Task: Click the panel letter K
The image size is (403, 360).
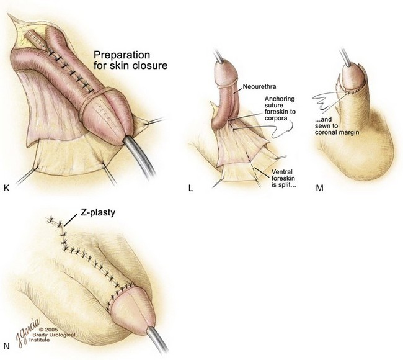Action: click(x=7, y=188)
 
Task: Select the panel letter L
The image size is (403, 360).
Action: click(x=191, y=188)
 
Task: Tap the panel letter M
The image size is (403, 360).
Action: click(x=319, y=188)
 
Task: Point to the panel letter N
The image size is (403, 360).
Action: click(x=7, y=346)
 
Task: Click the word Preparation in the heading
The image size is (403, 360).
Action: click(x=122, y=55)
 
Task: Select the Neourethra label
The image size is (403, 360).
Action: click(x=259, y=86)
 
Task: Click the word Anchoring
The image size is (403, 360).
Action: click(x=280, y=99)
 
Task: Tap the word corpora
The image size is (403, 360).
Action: click(x=276, y=119)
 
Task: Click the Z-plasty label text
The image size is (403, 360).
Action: click(x=98, y=212)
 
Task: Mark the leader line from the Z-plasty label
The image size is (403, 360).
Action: click(x=71, y=220)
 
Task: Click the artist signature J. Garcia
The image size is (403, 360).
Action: click(x=28, y=333)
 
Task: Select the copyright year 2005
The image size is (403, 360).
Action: click(x=52, y=330)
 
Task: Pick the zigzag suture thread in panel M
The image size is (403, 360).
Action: click(x=324, y=102)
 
